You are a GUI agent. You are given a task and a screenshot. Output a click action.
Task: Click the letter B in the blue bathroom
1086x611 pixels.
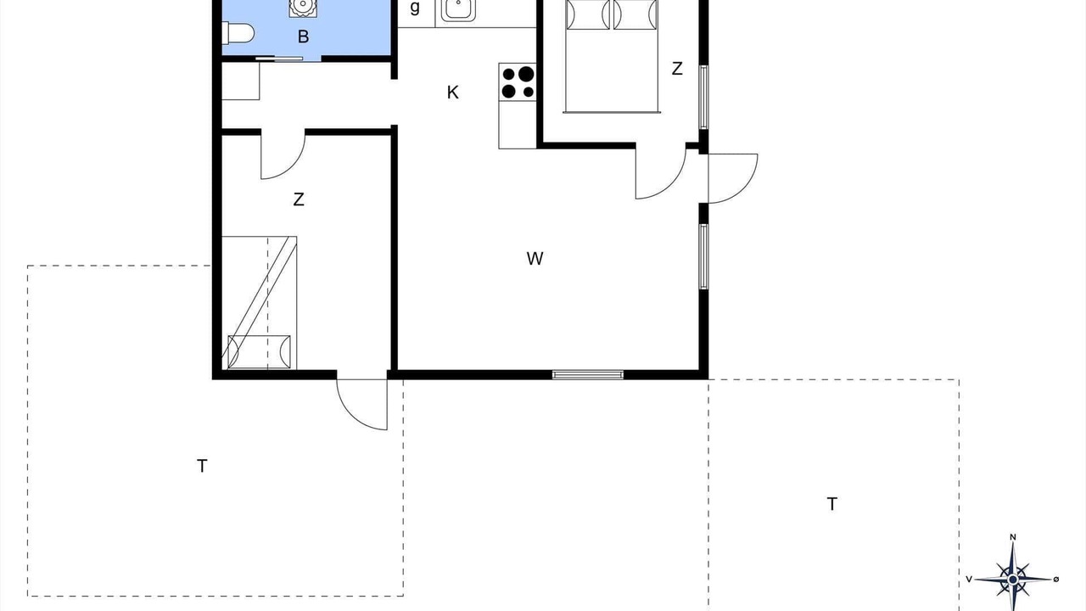pyautogui.click(x=303, y=36)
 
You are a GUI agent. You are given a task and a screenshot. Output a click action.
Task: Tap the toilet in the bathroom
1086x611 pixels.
pyautogui.click(x=238, y=33)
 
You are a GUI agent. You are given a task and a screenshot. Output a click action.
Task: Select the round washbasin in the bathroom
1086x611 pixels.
pyautogui.click(x=303, y=7)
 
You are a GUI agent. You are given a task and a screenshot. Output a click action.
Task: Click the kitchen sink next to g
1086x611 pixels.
pyautogui.click(x=458, y=9)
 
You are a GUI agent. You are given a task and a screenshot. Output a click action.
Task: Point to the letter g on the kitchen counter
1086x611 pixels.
pyautogui.click(x=415, y=8)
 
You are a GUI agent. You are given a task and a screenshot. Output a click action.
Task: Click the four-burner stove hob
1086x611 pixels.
pyautogui.click(x=518, y=82)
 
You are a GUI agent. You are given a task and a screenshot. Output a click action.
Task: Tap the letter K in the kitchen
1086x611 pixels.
pyautogui.click(x=453, y=92)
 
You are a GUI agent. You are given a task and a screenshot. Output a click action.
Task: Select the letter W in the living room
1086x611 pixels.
pyautogui.click(x=535, y=259)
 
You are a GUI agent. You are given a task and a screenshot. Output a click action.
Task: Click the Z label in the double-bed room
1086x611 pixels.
pyautogui.click(x=677, y=69)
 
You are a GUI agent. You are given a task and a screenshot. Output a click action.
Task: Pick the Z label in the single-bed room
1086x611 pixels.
pyautogui.click(x=299, y=199)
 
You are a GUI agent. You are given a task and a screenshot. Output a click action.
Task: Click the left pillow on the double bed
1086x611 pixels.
pyautogui.click(x=588, y=14)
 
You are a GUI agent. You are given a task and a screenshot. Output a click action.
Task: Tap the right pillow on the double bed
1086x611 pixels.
pyautogui.click(x=635, y=14)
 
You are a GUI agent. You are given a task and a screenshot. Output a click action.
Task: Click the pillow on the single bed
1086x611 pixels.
pyautogui.click(x=260, y=351)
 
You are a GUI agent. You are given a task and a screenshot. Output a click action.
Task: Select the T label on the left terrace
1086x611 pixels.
pyautogui.click(x=202, y=466)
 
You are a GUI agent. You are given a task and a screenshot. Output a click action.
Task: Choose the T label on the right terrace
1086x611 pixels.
pyautogui.click(x=832, y=504)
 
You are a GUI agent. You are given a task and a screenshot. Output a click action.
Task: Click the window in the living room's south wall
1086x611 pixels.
pyautogui.click(x=588, y=374)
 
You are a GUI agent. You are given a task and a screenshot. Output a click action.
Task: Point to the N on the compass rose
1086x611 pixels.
pyautogui.click(x=1013, y=537)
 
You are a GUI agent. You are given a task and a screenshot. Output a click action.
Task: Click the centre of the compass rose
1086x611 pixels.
pyautogui.click(x=1013, y=580)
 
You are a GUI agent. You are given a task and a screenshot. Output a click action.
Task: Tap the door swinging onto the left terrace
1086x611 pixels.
pyautogui.click(x=362, y=405)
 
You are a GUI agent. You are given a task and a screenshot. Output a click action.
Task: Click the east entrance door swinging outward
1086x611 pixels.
pyautogui.click(x=732, y=178)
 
